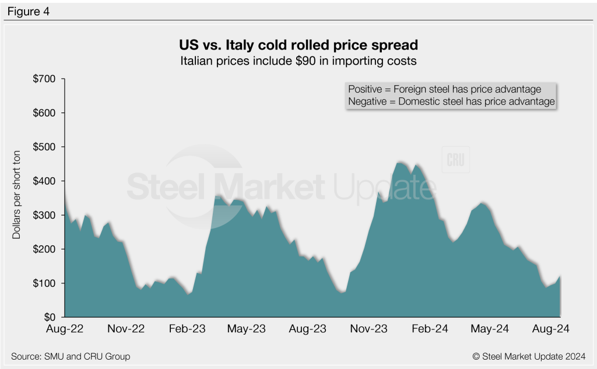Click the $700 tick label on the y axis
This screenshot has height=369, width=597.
coord(44,79)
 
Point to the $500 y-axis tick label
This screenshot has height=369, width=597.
coord(44,147)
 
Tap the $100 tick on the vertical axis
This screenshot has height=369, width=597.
coord(44,284)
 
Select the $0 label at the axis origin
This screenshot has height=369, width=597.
coord(50,318)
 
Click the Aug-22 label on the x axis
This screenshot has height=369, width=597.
coord(65,329)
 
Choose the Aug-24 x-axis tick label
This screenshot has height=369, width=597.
coord(551,329)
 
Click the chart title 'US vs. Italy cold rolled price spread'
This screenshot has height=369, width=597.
coord(298,45)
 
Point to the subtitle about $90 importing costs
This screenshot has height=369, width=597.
coord(298,60)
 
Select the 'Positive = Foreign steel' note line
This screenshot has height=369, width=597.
coord(444,89)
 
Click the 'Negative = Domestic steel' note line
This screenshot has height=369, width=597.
coord(451,101)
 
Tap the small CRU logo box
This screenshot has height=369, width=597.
coord(455,161)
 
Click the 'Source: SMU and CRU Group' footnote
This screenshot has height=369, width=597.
coord(71,356)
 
